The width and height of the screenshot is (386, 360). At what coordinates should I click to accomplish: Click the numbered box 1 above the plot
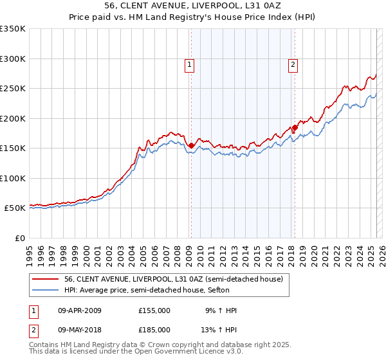click(190, 64)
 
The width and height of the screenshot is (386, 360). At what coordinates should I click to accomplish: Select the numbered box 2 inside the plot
click(293, 64)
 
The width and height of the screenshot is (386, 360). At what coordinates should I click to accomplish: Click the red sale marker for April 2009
click(191, 146)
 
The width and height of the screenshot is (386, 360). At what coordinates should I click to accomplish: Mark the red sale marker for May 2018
click(295, 128)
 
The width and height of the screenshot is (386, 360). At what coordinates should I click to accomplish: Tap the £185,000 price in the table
click(154, 330)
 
